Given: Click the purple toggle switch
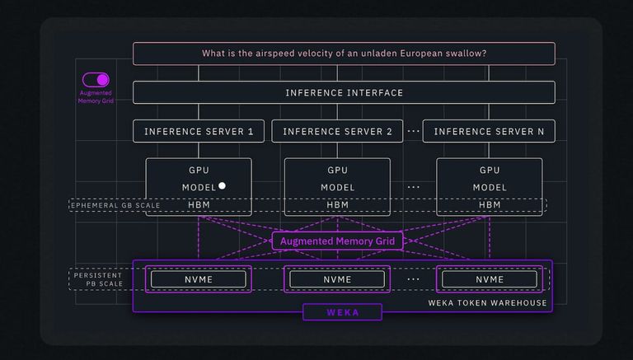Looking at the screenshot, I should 96,80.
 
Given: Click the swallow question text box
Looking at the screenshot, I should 344,54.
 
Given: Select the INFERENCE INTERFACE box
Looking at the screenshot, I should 344,92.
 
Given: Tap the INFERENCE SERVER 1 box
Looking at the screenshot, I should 199,131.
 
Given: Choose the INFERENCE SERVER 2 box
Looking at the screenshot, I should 337,131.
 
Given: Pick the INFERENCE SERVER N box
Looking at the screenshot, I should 489,131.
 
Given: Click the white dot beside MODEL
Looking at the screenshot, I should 222,186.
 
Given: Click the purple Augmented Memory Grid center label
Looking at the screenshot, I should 338,241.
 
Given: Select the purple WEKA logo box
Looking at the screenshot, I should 342,312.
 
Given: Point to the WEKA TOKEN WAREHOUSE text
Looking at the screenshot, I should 487,302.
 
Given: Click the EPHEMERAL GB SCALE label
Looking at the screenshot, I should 115,205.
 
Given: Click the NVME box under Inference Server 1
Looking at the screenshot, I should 198,279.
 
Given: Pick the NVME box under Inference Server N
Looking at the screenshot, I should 489,279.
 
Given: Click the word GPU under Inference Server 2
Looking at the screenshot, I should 337,171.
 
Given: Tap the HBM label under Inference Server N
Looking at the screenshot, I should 490,204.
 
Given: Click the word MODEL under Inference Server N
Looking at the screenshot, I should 490,188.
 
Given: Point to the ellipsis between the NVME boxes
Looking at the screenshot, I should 413,279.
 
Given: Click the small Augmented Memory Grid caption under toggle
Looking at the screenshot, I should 96,97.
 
